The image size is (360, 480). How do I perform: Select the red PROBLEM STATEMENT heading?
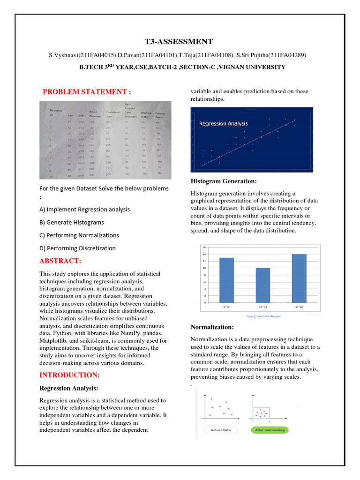click(x=87, y=91)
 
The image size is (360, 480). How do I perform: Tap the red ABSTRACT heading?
click(x=60, y=261)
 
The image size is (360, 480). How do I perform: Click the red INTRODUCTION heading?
click(x=69, y=375)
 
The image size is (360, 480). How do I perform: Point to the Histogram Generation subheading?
click(x=224, y=181)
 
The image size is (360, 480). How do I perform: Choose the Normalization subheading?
click(x=212, y=327)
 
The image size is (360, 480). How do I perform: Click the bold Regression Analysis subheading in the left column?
click(x=68, y=388)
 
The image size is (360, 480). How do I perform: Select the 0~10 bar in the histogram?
click(x=226, y=280)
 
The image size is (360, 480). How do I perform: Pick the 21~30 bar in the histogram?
click(x=299, y=278)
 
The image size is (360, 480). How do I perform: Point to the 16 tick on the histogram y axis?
click(x=202, y=247)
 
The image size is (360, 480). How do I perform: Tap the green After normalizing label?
click(x=270, y=430)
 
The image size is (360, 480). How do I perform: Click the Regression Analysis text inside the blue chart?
click(x=224, y=124)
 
